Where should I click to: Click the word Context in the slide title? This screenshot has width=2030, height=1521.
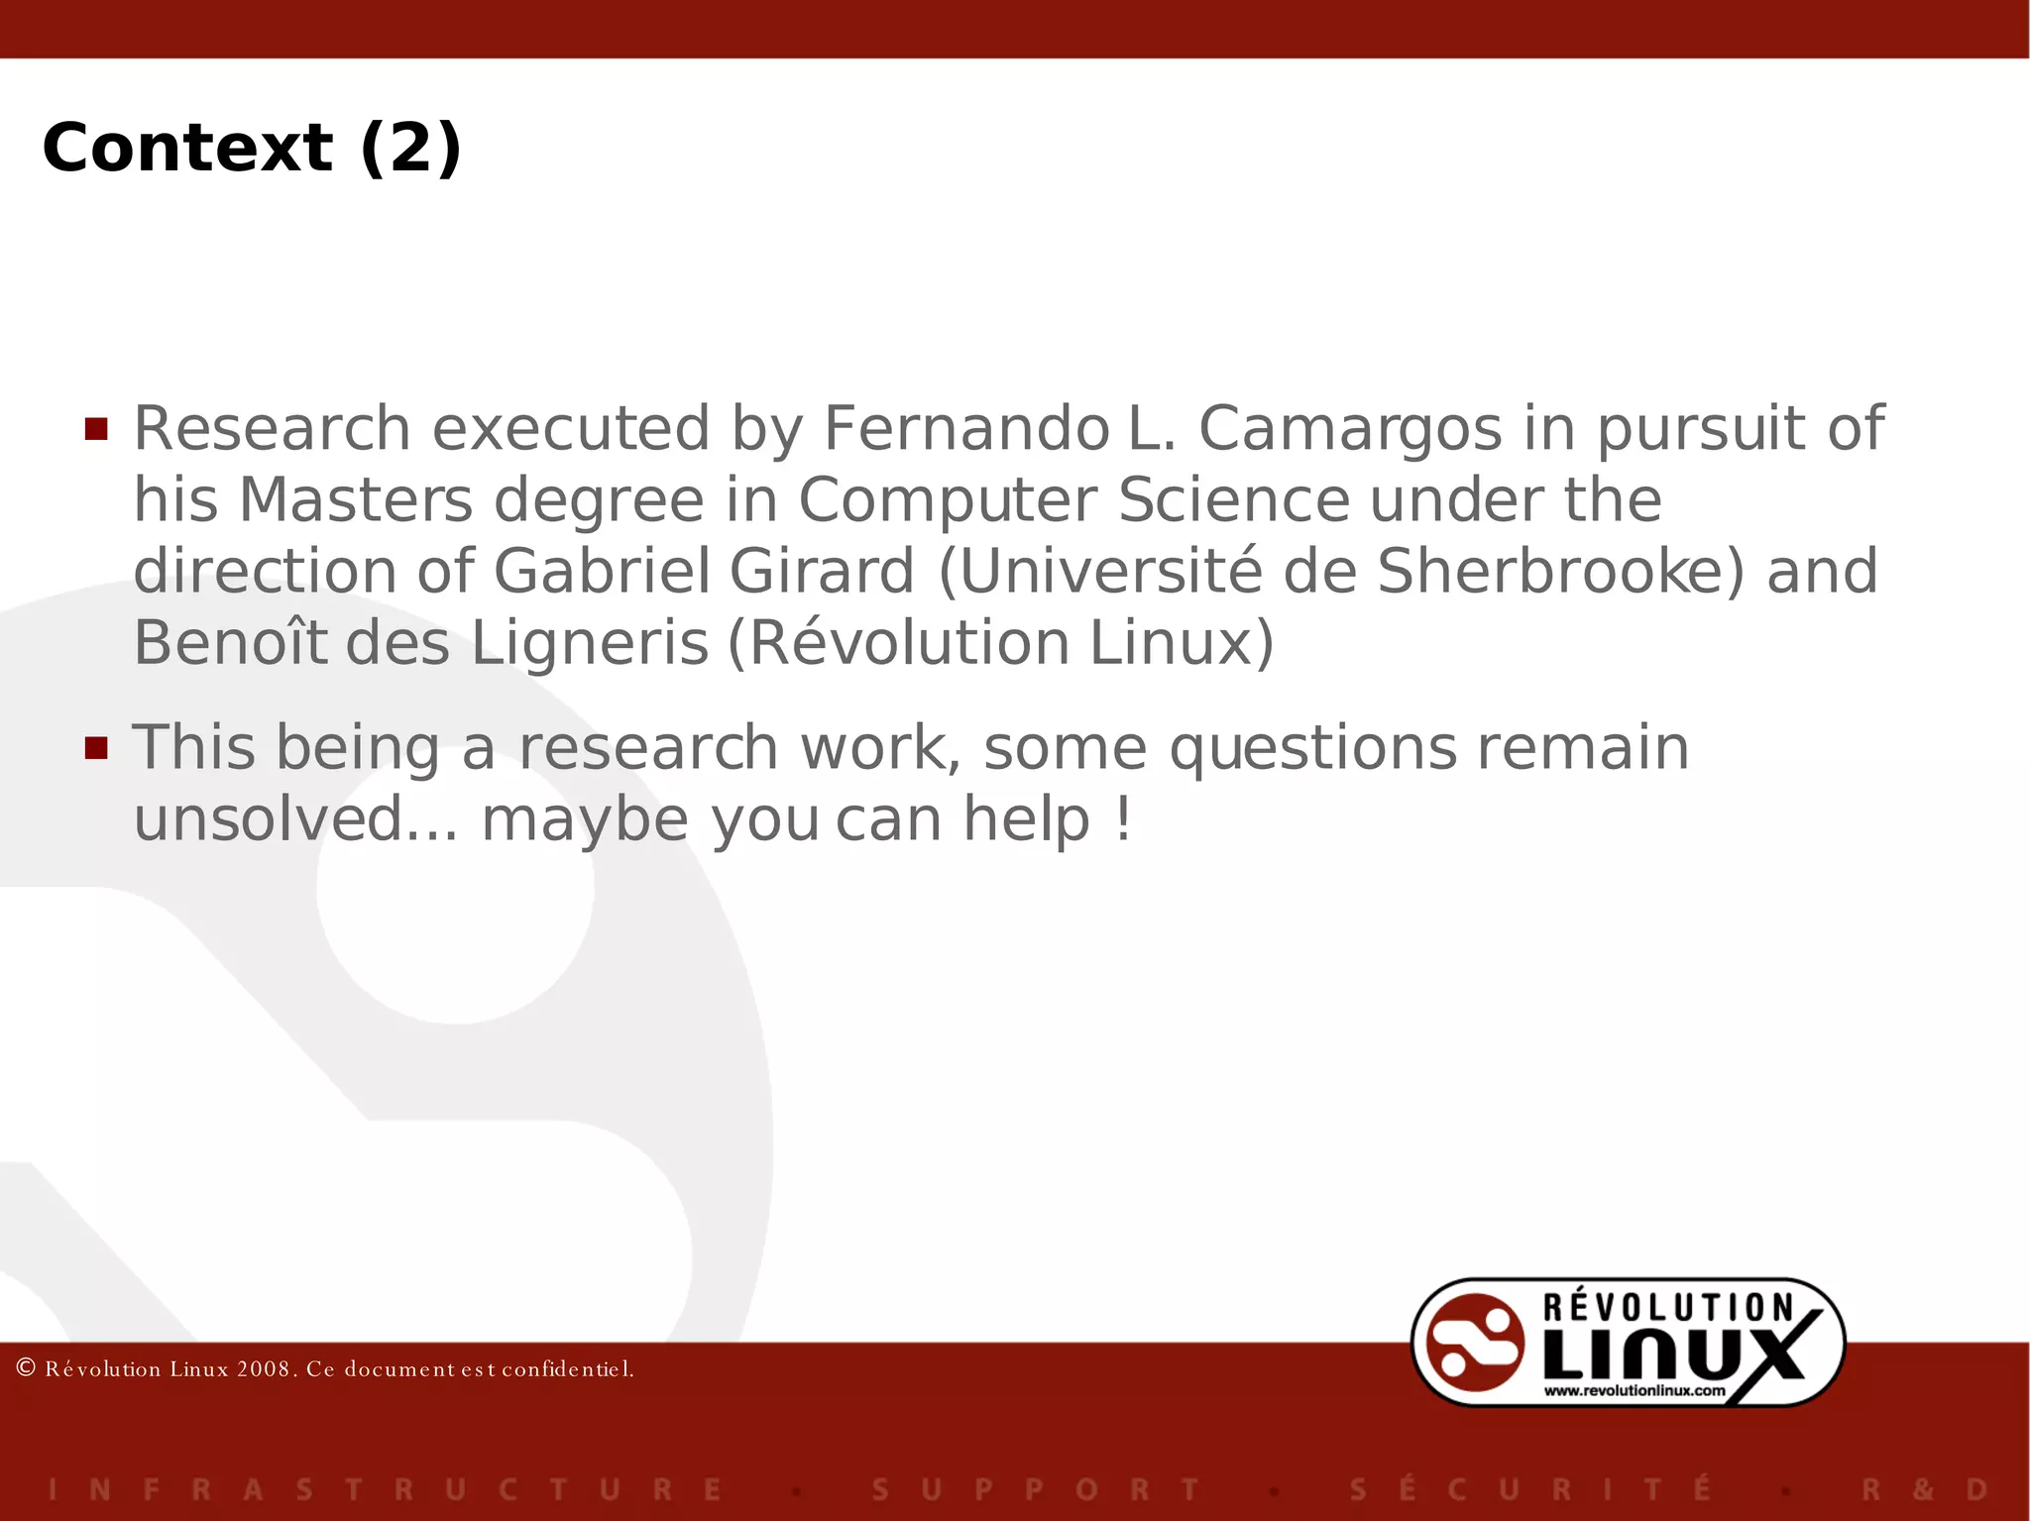[186, 148]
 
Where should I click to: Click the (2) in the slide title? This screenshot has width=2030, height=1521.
[410, 148]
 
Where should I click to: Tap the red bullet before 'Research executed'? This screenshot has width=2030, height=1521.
[96, 428]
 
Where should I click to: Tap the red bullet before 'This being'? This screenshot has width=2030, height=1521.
[96, 747]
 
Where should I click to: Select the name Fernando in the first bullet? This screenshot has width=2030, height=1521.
[966, 428]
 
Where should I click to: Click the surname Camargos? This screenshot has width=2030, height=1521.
[1350, 428]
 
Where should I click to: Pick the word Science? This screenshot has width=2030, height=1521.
[1233, 499]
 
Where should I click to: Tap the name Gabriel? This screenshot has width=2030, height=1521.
[601, 572]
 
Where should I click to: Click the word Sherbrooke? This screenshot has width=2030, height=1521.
[1560, 572]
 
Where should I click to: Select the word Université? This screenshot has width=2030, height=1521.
[1099, 572]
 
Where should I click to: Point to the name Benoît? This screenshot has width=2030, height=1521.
[229, 643]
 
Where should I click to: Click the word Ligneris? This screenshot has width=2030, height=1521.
[590, 643]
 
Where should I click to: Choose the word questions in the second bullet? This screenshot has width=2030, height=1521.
[1312, 748]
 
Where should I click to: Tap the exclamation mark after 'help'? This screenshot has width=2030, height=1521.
[1122, 819]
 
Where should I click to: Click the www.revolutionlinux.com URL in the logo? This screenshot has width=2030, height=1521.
[1635, 1391]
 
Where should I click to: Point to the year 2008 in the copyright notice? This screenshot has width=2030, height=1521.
[265, 1369]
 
